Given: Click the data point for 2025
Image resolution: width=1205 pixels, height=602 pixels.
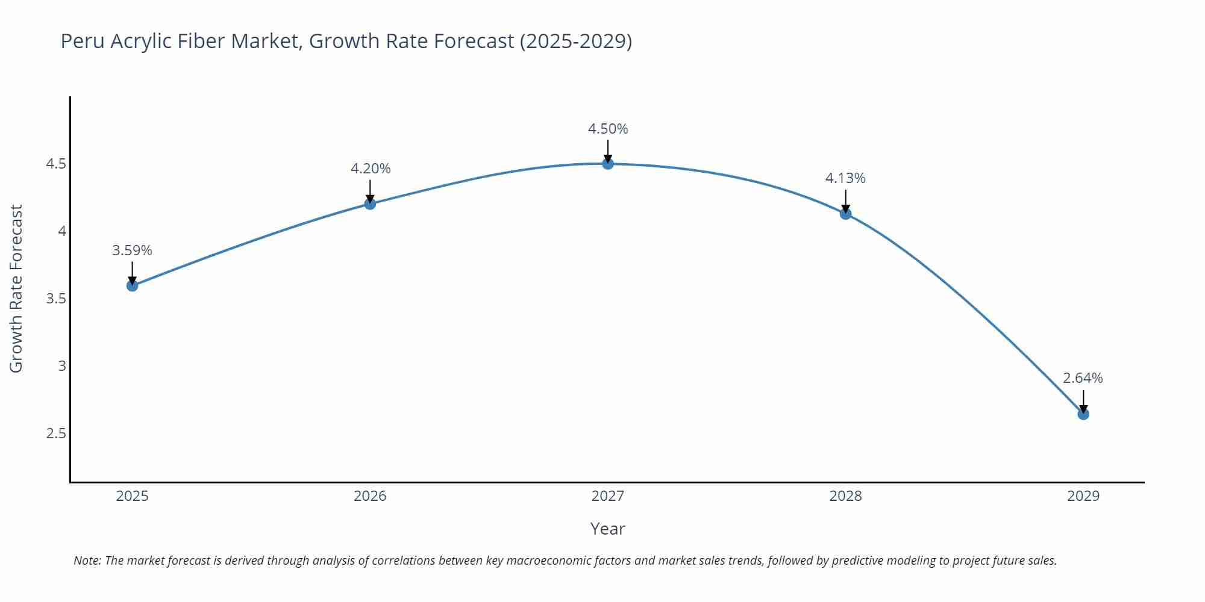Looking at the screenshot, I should [132, 285].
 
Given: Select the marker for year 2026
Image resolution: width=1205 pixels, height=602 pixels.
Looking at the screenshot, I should [370, 203].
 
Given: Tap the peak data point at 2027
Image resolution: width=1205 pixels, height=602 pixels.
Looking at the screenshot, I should [608, 163].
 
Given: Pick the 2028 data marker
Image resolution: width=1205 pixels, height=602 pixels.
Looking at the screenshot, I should [845, 213].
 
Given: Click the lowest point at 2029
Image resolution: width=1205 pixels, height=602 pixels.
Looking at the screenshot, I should [1083, 414].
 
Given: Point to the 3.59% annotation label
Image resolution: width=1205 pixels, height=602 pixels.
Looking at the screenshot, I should [132, 250].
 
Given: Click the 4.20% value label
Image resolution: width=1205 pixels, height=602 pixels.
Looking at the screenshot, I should [371, 169].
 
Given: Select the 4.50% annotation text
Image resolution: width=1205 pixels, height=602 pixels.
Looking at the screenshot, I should [608, 129].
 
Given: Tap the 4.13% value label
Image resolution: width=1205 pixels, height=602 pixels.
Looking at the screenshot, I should [845, 178].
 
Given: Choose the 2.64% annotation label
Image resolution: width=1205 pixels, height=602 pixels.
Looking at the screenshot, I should [1083, 378].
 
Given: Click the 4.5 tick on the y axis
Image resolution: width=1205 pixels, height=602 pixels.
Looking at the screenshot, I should [56, 164].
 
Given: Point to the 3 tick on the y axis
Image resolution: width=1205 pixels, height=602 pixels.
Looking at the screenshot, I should [62, 366].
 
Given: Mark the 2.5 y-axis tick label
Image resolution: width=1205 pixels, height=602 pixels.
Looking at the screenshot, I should [56, 433].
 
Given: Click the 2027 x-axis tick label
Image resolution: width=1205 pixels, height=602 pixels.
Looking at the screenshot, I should [608, 496].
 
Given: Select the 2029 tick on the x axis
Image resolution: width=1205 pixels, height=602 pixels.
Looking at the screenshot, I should [1083, 496].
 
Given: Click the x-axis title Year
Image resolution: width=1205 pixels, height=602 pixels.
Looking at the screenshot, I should [607, 529].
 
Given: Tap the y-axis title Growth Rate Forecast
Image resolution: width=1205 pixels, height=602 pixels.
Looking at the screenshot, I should [16, 288].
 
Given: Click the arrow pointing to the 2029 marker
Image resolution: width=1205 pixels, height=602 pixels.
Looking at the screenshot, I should [1083, 401].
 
